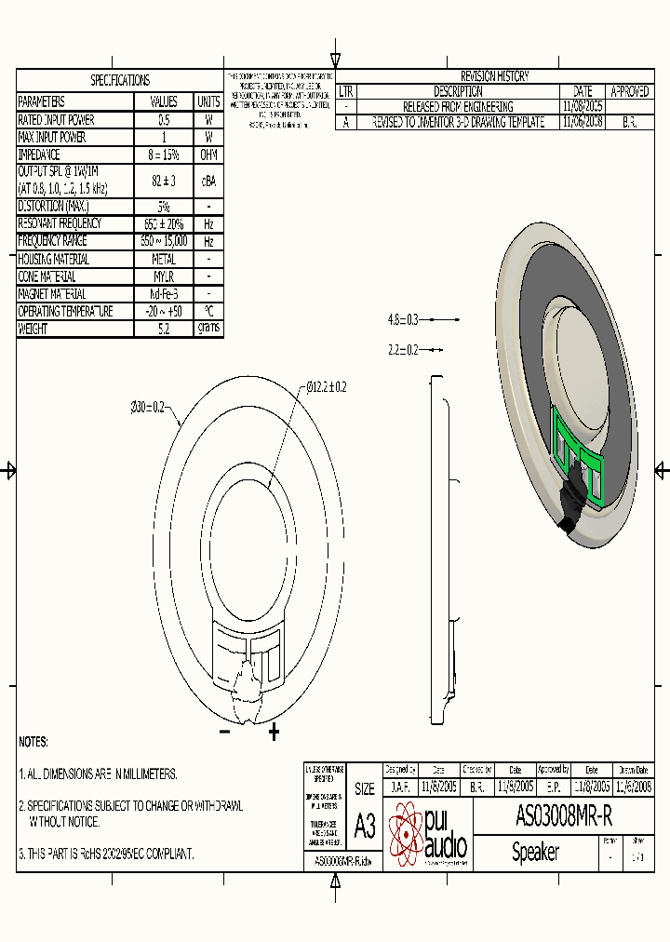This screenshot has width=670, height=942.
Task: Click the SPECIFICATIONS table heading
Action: [x=119, y=81]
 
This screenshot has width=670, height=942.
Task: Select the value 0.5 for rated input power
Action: [x=163, y=120]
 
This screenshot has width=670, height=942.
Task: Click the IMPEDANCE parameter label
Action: [x=39, y=155]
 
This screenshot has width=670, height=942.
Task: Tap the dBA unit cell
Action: [x=208, y=181]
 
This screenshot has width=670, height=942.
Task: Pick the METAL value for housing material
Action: [x=163, y=260]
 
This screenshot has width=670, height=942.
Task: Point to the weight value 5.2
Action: [x=163, y=329]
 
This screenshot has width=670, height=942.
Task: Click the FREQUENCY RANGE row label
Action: [x=53, y=240]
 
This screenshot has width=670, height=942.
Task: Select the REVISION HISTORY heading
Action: [x=494, y=76]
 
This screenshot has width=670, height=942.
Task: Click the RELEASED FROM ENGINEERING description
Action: [x=457, y=107]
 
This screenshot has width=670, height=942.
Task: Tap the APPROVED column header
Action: [x=629, y=91]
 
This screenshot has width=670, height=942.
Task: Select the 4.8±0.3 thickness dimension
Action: [x=404, y=319]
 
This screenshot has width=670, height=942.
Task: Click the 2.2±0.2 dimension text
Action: [x=404, y=350]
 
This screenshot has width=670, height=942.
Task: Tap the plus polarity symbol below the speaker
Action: [x=274, y=733]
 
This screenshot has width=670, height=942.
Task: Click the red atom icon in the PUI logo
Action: [x=405, y=834]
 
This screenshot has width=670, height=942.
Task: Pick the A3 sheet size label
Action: [x=365, y=827]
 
